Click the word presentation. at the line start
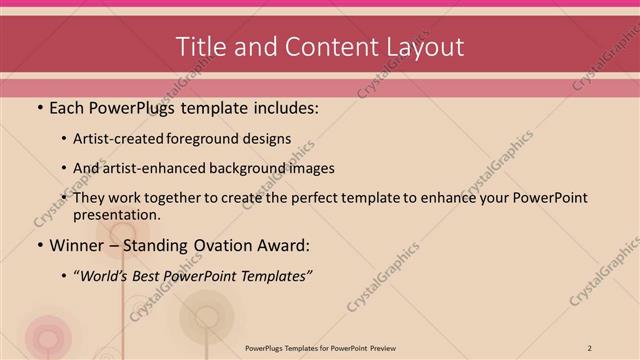(x=116, y=215)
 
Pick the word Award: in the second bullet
(x=283, y=245)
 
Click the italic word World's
(x=105, y=275)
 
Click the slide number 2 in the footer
(x=590, y=347)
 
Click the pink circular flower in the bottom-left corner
(x=47, y=335)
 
